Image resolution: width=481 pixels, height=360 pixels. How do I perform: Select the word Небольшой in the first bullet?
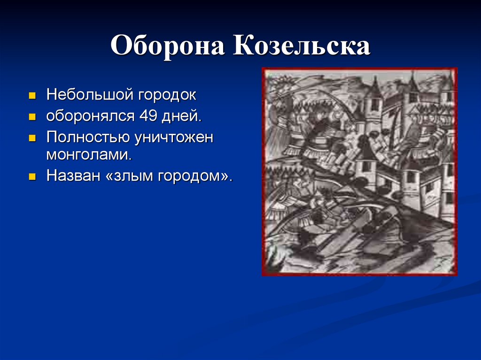click(x=89, y=95)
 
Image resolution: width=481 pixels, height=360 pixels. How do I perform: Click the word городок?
click(x=167, y=95)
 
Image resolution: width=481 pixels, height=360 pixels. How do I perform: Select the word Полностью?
click(x=87, y=137)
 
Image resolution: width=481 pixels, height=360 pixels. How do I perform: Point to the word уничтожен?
click(x=173, y=137)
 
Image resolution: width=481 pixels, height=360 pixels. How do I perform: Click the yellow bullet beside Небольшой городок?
click(x=32, y=96)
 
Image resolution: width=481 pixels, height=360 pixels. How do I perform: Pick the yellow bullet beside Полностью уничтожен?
click(x=32, y=138)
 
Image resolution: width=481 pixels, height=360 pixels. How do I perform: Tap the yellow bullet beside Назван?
click(x=32, y=177)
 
